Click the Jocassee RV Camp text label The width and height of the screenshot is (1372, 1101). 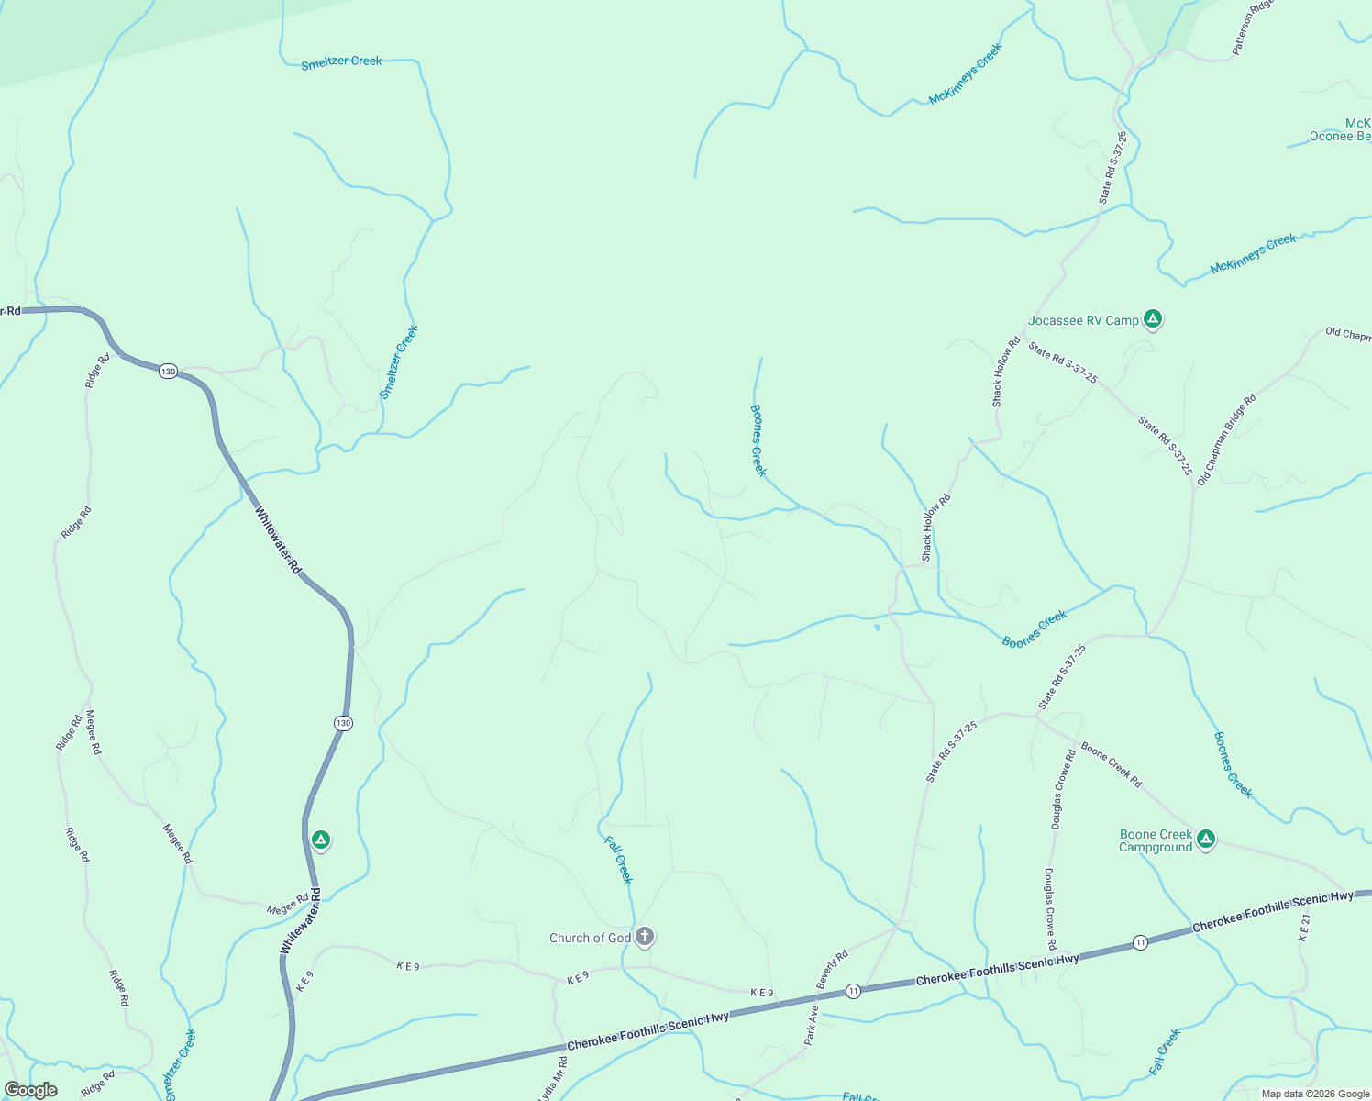pyautogui.click(x=1083, y=320)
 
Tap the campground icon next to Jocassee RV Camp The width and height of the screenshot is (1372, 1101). pyautogui.click(x=1153, y=319)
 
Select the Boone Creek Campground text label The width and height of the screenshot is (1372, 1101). pyautogui.click(x=1156, y=840)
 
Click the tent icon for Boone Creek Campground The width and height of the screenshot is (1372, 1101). pyautogui.click(x=1206, y=839)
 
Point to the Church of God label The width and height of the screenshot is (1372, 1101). pyautogui.click(x=590, y=938)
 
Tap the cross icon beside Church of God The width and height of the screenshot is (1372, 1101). pyautogui.click(x=645, y=937)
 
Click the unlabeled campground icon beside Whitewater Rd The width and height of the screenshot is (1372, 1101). pyautogui.click(x=320, y=840)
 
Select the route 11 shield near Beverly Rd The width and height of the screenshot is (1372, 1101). pyautogui.click(x=853, y=991)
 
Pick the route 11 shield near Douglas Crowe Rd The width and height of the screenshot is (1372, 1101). pyautogui.click(x=1140, y=942)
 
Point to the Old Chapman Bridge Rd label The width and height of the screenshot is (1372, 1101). pyautogui.click(x=1226, y=439)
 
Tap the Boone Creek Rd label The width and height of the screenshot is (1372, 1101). pyautogui.click(x=1112, y=764)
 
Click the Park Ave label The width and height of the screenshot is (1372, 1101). pyautogui.click(x=811, y=1025)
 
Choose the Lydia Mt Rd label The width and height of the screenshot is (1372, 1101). pyautogui.click(x=552, y=1080)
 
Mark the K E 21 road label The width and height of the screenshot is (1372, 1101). pyautogui.click(x=1304, y=928)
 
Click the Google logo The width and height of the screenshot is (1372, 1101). pyautogui.click(x=31, y=1090)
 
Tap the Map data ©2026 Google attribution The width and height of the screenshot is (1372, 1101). pyautogui.click(x=1314, y=1094)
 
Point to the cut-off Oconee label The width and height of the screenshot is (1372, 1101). pyautogui.click(x=1340, y=137)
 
